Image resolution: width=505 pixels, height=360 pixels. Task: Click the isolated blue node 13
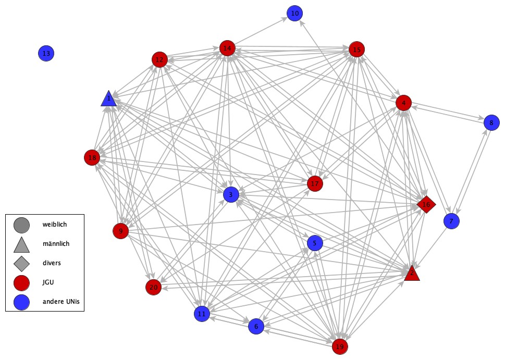coord(46,53)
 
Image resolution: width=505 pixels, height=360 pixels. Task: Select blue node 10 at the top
coord(294,13)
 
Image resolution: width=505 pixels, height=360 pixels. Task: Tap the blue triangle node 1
coord(108,98)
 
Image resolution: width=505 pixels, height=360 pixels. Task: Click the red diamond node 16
coord(426,205)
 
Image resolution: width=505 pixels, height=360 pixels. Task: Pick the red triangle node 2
coord(412,273)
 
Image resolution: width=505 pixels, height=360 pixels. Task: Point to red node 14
coord(227,48)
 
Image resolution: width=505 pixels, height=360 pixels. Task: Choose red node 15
coord(356,49)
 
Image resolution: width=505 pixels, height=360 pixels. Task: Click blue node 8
coord(491,123)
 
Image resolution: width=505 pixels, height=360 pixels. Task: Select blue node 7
coord(451,221)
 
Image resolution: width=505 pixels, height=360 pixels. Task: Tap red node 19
coord(340,346)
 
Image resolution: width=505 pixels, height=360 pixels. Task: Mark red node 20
coord(153,287)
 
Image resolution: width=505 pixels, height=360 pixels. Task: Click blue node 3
coord(230,195)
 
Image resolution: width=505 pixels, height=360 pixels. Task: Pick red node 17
coord(314,183)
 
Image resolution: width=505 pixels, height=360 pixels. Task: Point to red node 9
coord(120,230)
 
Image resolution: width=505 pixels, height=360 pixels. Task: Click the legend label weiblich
coord(55,225)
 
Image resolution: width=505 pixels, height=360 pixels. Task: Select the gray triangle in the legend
coord(21,244)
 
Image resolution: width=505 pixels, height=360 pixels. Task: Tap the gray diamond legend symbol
coord(21,263)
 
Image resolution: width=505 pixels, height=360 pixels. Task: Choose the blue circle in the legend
coord(21,301)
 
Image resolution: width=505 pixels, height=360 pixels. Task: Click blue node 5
coord(315,243)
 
